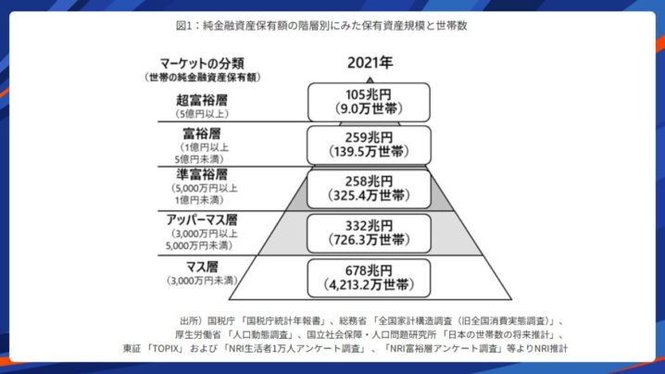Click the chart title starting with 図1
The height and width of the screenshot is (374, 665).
(x=332, y=26)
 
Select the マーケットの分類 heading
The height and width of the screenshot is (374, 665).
(x=201, y=64)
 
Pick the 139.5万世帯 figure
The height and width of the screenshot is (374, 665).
(x=369, y=152)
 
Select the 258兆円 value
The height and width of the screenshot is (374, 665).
(x=369, y=181)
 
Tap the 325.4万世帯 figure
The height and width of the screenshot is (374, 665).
(x=369, y=195)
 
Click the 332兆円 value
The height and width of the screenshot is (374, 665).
(x=369, y=225)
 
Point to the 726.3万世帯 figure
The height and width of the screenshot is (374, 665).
(x=369, y=239)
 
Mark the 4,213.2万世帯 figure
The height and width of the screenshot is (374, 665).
(x=369, y=282)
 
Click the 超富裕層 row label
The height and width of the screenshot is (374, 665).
(x=201, y=99)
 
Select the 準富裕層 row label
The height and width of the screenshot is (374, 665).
(x=201, y=174)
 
